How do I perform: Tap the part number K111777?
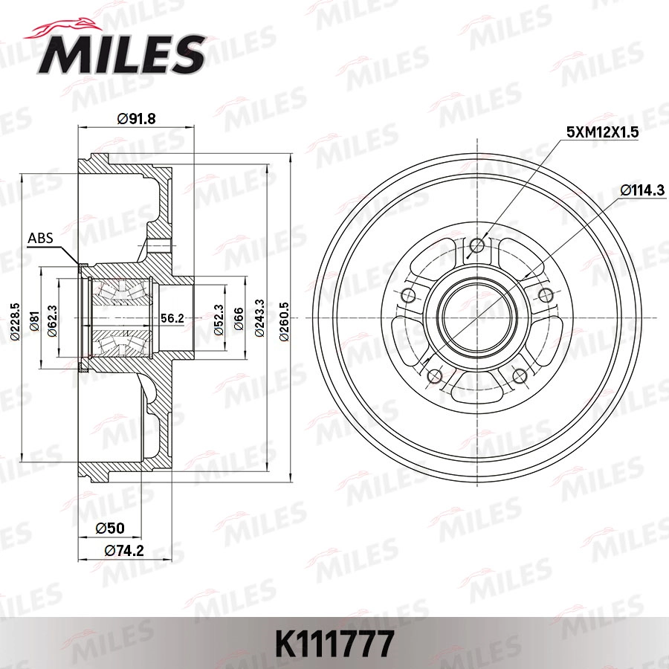point(334,644)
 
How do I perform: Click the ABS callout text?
point(40,239)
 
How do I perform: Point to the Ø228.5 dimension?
point(14,318)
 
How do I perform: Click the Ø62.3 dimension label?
point(51,318)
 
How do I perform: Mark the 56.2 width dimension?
point(172,317)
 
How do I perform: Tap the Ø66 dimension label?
point(238,318)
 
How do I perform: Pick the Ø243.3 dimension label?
point(259,318)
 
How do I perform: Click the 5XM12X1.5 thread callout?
point(603,132)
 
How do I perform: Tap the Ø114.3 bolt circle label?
point(641,190)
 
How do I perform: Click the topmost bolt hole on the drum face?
point(478,245)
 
